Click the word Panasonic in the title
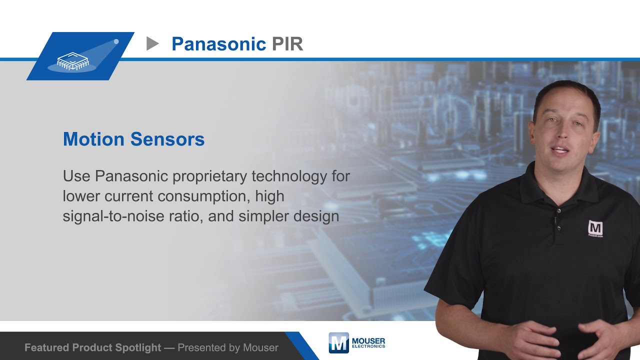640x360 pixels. click(x=218, y=44)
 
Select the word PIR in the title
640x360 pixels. click(x=287, y=44)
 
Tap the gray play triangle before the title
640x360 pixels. click(x=152, y=44)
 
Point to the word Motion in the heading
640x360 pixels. click(x=93, y=139)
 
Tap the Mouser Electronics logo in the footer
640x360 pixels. click(x=356, y=342)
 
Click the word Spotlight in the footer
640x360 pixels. click(x=137, y=347)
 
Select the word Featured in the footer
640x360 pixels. click(x=47, y=347)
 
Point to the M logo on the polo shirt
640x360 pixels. click(x=595, y=228)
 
